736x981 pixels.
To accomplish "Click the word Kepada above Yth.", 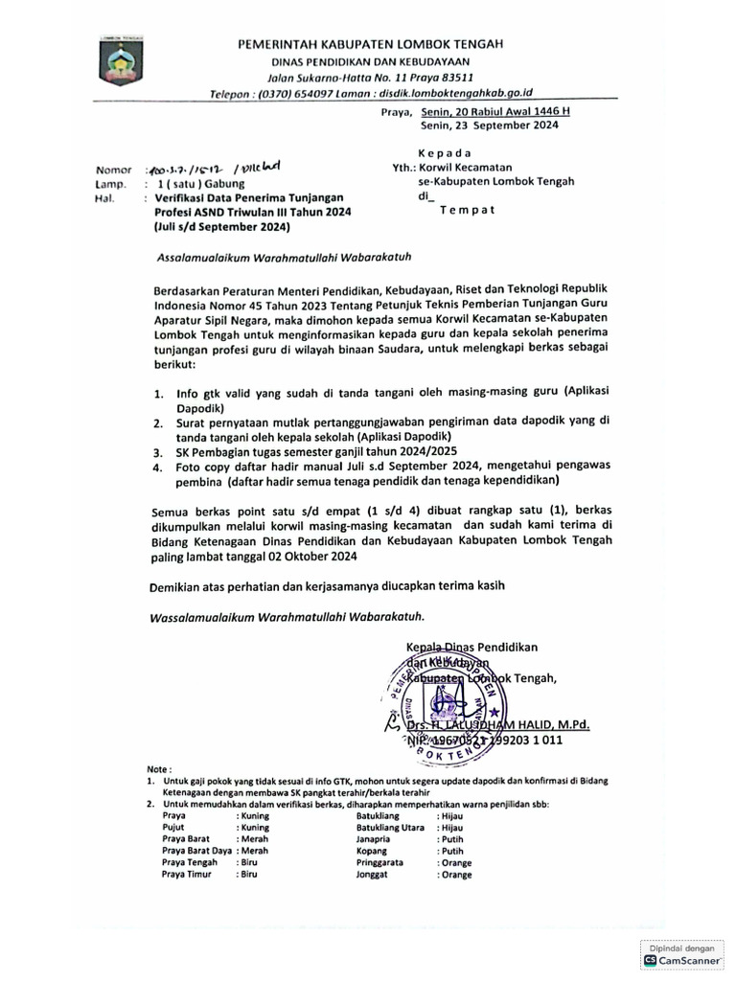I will tap(445, 152).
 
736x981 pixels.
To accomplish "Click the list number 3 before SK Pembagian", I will tap(159, 449).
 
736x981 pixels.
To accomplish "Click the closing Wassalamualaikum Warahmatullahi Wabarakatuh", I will tap(286, 617).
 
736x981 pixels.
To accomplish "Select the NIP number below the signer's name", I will tap(496, 740).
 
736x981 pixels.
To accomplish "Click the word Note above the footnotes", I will tap(159, 768).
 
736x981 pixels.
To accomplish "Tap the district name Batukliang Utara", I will tap(390, 827).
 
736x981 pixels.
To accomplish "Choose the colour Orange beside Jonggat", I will tap(455, 874).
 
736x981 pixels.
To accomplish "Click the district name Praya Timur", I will tap(186, 874).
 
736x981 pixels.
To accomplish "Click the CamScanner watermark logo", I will tap(682, 958).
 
